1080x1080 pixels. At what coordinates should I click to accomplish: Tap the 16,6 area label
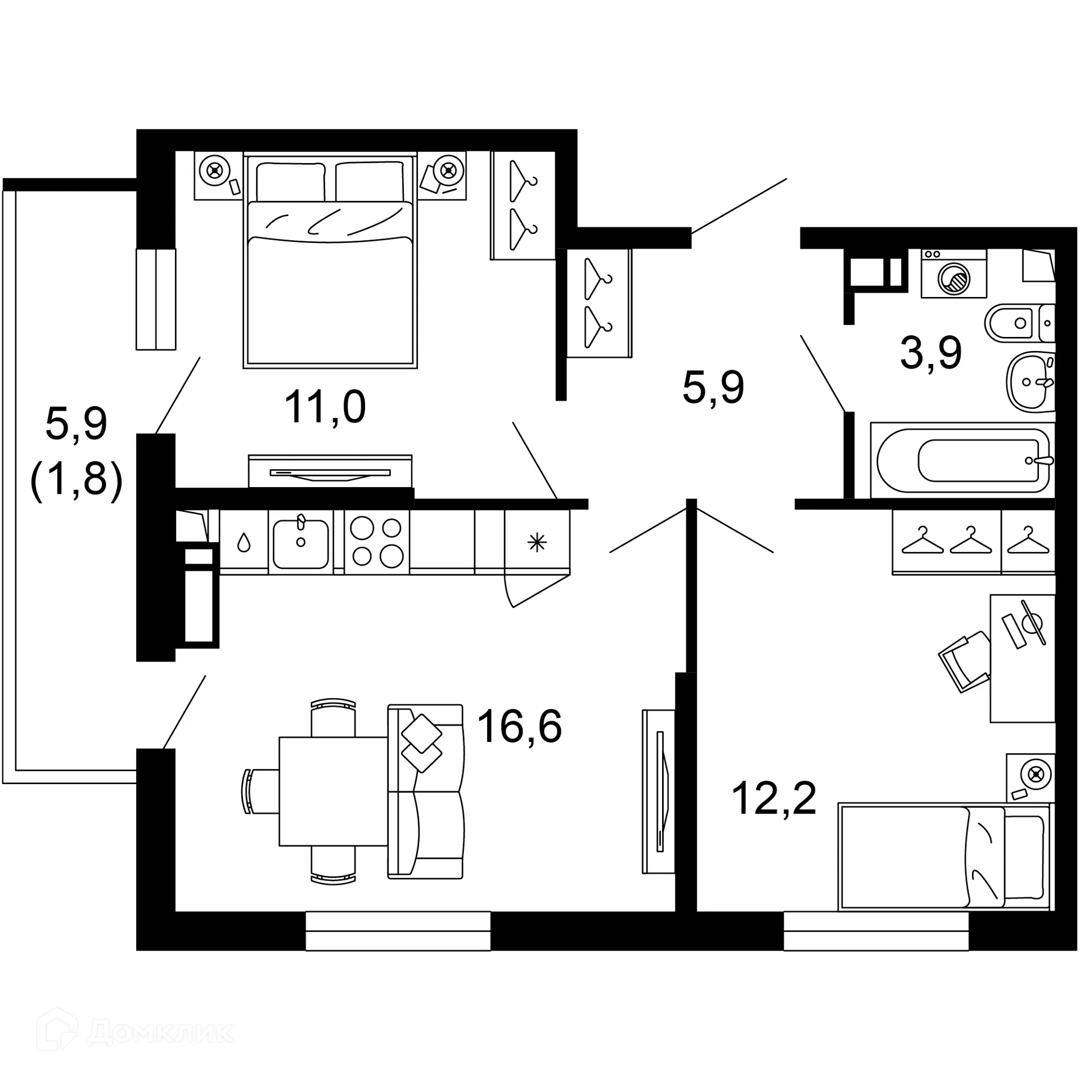pyautogui.click(x=519, y=726)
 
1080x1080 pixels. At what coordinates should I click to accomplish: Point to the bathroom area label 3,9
pyautogui.click(x=930, y=353)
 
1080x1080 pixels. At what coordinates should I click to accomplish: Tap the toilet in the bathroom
pyautogui.click(x=1017, y=323)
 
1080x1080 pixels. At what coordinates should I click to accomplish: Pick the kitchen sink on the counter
pyautogui.click(x=301, y=543)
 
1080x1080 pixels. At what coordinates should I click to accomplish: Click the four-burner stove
pyautogui.click(x=376, y=542)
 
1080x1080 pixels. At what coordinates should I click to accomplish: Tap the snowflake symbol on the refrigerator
pyautogui.click(x=537, y=542)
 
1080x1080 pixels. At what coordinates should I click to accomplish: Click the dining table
pyautogui.click(x=333, y=791)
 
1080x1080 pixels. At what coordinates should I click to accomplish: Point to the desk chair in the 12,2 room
pyautogui.click(x=964, y=662)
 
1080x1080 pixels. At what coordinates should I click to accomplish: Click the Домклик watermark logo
pyautogui.click(x=135, y=1032)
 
